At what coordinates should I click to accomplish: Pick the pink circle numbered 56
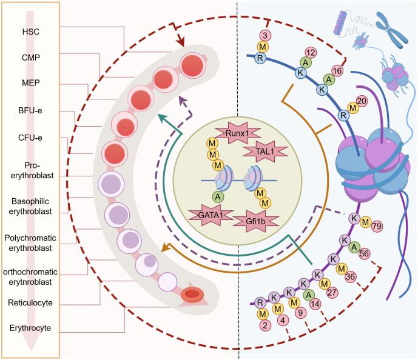click(380, 254)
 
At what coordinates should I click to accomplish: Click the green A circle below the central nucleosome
click(217, 196)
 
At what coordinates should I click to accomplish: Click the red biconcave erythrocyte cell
click(192, 295)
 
